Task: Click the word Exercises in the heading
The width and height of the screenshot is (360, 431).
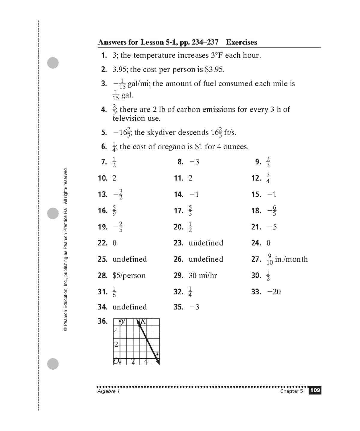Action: pyautogui.click(x=241, y=42)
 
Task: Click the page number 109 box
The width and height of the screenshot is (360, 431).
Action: pyautogui.click(x=315, y=390)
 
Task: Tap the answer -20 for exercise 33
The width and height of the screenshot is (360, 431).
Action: pyautogui.click(x=274, y=292)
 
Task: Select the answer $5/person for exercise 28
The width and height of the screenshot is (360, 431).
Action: pyautogui.click(x=129, y=276)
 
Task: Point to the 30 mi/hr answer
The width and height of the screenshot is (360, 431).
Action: pyautogui.click(x=202, y=276)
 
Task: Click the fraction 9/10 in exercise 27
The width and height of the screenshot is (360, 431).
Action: pyautogui.click(x=269, y=259)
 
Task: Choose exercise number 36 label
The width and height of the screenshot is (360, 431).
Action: pyautogui.click(x=103, y=321)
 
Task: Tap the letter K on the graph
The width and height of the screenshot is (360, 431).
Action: pyautogui.click(x=143, y=322)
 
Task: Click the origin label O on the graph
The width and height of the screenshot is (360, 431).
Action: pyautogui.click(x=116, y=361)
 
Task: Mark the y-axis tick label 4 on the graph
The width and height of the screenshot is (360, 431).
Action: pyautogui.click(x=116, y=331)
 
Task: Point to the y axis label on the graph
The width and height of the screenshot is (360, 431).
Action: pyautogui.click(x=123, y=322)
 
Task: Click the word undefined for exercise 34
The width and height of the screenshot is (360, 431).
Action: pyautogui.click(x=130, y=307)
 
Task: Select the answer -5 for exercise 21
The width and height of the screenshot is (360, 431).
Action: pyautogui.click(x=272, y=227)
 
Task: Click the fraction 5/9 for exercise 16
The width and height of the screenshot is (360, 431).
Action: pyautogui.click(x=114, y=211)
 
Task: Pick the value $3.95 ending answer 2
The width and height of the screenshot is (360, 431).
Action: pyautogui.click(x=214, y=70)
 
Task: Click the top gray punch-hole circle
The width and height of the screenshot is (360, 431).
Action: pyautogui.click(x=53, y=63)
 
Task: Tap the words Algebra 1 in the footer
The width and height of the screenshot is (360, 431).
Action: pyautogui.click(x=109, y=391)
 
